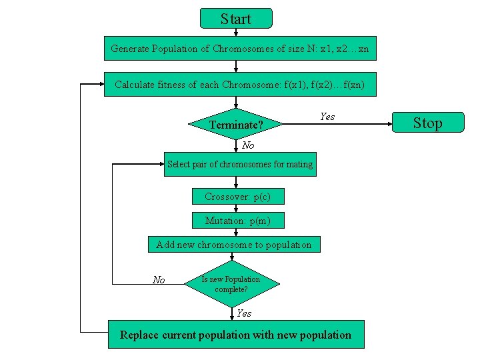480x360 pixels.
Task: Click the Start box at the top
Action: point(236,18)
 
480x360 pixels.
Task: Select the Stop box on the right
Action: point(427,123)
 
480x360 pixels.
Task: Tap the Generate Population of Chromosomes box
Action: point(240,49)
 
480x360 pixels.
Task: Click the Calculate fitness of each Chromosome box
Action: point(240,85)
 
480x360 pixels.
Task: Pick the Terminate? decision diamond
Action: point(236,125)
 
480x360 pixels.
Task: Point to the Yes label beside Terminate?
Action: point(327,117)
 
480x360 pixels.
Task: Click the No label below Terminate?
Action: point(248,145)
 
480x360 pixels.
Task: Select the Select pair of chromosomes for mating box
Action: point(240,164)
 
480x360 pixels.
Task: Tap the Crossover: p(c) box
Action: point(237,197)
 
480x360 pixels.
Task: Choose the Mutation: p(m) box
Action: point(237,221)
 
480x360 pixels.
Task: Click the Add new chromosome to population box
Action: point(233,245)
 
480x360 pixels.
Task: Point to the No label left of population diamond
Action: point(159,280)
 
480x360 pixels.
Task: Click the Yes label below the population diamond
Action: point(244,313)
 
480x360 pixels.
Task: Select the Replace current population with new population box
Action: point(236,335)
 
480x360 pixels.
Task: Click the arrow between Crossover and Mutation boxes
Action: point(236,209)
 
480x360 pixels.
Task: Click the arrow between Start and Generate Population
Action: point(236,32)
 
